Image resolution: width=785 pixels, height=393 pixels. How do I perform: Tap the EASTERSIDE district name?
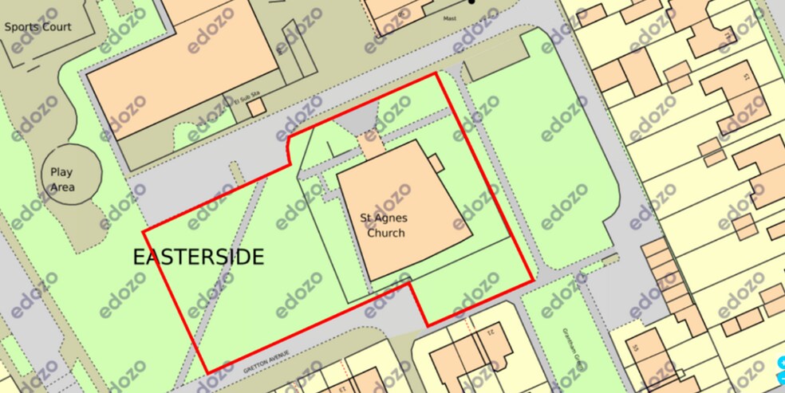click(x=198, y=257)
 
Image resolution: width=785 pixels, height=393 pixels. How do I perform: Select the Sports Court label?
click(x=37, y=26)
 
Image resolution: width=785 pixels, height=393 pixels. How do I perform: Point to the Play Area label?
click(x=61, y=179)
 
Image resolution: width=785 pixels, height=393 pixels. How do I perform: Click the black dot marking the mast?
click(x=471, y=2)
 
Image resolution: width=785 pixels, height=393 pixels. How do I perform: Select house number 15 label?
click(x=746, y=77)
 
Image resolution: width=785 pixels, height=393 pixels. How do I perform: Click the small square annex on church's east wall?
click(x=436, y=162)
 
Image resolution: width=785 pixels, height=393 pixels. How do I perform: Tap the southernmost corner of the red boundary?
click(x=207, y=373)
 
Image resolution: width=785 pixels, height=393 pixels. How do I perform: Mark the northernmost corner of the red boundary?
click(x=436, y=73)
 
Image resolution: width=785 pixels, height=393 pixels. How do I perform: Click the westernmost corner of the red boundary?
click(x=144, y=232)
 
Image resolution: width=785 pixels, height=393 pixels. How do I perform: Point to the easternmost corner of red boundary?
click(x=533, y=280)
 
